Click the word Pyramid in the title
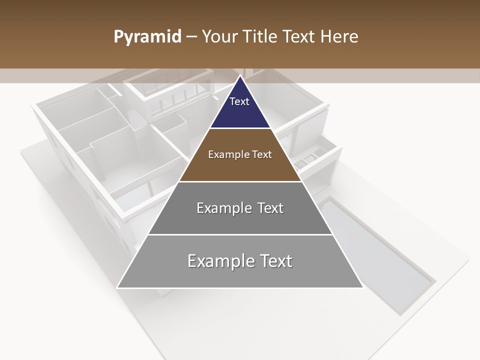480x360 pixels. pyautogui.click(x=147, y=37)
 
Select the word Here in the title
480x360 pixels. pyautogui.click(x=339, y=36)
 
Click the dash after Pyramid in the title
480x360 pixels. pyautogui.click(x=191, y=37)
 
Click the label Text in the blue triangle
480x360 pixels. pyautogui.click(x=239, y=101)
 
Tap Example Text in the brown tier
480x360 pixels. pyautogui.click(x=240, y=154)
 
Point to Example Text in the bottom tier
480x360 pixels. pyautogui.click(x=240, y=261)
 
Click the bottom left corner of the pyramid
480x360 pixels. pyautogui.click(x=118, y=287)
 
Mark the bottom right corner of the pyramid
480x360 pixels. pyautogui.click(x=362, y=287)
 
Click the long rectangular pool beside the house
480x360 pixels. pyautogui.click(x=375, y=250)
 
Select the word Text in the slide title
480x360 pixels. pyautogui.click(x=299, y=36)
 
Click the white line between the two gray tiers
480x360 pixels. pyautogui.click(x=240, y=234)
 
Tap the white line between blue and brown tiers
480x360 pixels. pyautogui.click(x=240, y=128)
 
